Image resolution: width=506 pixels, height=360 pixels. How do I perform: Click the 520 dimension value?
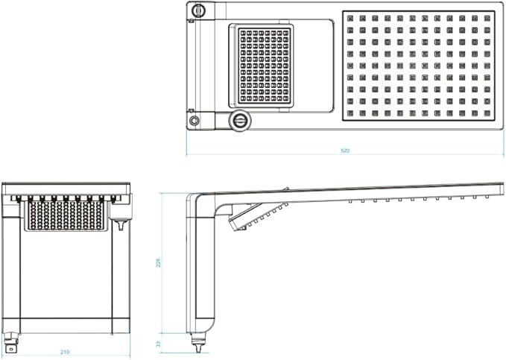pyautogui.click(x=345, y=151)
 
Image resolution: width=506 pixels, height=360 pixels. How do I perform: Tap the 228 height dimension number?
pyautogui.click(x=158, y=262)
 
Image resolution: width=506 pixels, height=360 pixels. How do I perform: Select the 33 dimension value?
pyautogui.click(x=158, y=344)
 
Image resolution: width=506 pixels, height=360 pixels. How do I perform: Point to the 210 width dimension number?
pyautogui.click(x=65, y=352)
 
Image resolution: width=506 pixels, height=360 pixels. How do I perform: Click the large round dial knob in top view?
pyautogui.click(x=240, y=121)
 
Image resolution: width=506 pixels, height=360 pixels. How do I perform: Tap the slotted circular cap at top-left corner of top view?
pyautogui.click(x=198, y=10)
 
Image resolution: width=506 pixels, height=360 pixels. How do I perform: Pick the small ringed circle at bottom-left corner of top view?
pyautogui.click(x=194, y=121)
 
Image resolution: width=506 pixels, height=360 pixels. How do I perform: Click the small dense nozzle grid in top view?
pyautogui.click(x=265, y=66)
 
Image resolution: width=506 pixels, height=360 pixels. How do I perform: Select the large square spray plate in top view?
pyautogui.click(x=419, y=66)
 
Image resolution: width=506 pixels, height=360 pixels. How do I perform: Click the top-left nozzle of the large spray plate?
pyautogui.click(x=350, y=18)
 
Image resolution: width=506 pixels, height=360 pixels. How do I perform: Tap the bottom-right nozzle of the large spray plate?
pyautogui.click(x=487, y=113)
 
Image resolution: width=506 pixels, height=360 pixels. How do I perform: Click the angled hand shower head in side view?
pyautogui.click(x=257, y=215)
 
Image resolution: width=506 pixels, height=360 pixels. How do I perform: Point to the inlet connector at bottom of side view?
pyautogui.click(x=197, y=343)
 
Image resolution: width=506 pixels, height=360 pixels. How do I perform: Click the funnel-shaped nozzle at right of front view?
pyautogui.click(x=121, y=224)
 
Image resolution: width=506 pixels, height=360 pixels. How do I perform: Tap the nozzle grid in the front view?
pyautogui.click(x=66, y=215)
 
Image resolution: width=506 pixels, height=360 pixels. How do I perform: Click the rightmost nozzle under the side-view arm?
pyautogui.click(x=487, y=196)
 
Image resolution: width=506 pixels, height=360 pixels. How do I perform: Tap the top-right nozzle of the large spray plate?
pyautogui.click(x=487, y=18)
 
